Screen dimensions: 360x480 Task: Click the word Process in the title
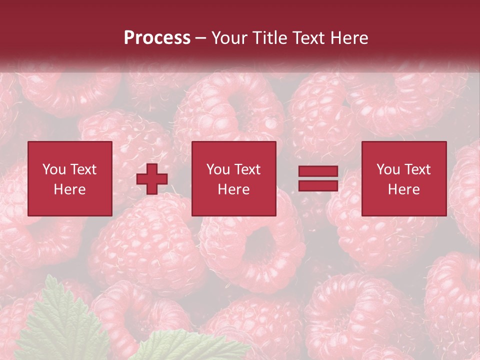click(x=157, y=38)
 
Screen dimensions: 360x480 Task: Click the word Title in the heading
click(x=268, y=38)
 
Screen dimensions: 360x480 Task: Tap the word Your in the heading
click(x=228, y=38)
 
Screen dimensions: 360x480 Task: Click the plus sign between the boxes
click(x=152, y=179)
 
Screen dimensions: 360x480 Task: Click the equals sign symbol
click(x=318, y=178)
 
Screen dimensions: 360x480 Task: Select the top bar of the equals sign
click(x=318, y=172)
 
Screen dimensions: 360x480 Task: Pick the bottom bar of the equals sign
click(x=318, y=185)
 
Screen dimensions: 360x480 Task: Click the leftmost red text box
click(x=70, y=178)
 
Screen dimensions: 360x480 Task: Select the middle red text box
click(x=234, y=178)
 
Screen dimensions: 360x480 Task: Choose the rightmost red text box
click(x=404, y=178)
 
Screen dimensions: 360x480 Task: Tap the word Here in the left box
click(x=70, y=189)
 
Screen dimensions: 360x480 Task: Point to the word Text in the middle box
click(x=247, y=169)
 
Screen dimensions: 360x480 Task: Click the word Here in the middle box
click(x=234, y=189)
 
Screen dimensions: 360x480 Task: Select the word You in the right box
click(x=388, y=169)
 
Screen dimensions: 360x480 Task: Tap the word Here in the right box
click(x=404, y=189)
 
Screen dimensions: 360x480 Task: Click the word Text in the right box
click(x=417, y=169)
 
